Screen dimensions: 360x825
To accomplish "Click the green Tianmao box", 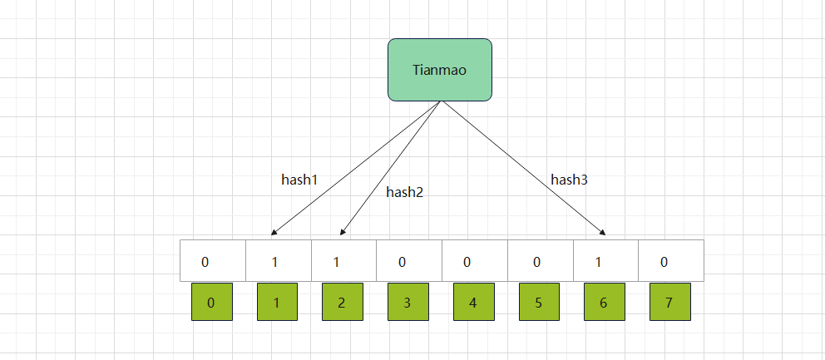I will click(x=440, y=70).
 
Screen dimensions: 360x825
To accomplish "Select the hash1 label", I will click(x=300, y=179).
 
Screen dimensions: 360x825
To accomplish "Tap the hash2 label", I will click(x=405, y=192).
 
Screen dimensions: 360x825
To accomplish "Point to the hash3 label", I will click(x=570, y=179).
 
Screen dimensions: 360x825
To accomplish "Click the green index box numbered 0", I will click(x=211, y=303).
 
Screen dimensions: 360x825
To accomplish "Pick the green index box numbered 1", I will click(x=277, y=303).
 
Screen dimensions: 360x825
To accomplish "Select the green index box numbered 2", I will click(x=342, y=303).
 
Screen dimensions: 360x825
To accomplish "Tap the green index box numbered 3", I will click(x=408, y=303).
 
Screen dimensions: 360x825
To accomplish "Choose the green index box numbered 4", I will click(x=473, y=303).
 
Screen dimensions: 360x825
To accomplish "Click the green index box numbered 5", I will click(x=539, y=303).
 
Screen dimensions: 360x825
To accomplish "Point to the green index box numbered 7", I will click(x=669, y=303).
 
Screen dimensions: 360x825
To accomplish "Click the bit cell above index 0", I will click(x=213, y=261).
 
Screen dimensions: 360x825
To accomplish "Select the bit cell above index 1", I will click(x=279, y=261).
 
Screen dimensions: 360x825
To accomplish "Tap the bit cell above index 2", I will click(x=343, y=261).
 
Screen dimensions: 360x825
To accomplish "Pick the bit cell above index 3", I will click(x=409, y=261).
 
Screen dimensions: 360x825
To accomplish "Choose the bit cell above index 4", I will click(x=474, y=261).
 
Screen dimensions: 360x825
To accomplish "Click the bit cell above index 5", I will click(x=540, y=261).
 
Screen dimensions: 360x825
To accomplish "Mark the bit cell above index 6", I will click(x=605, y=261).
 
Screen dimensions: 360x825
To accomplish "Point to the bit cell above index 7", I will click(x=670, y=261).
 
